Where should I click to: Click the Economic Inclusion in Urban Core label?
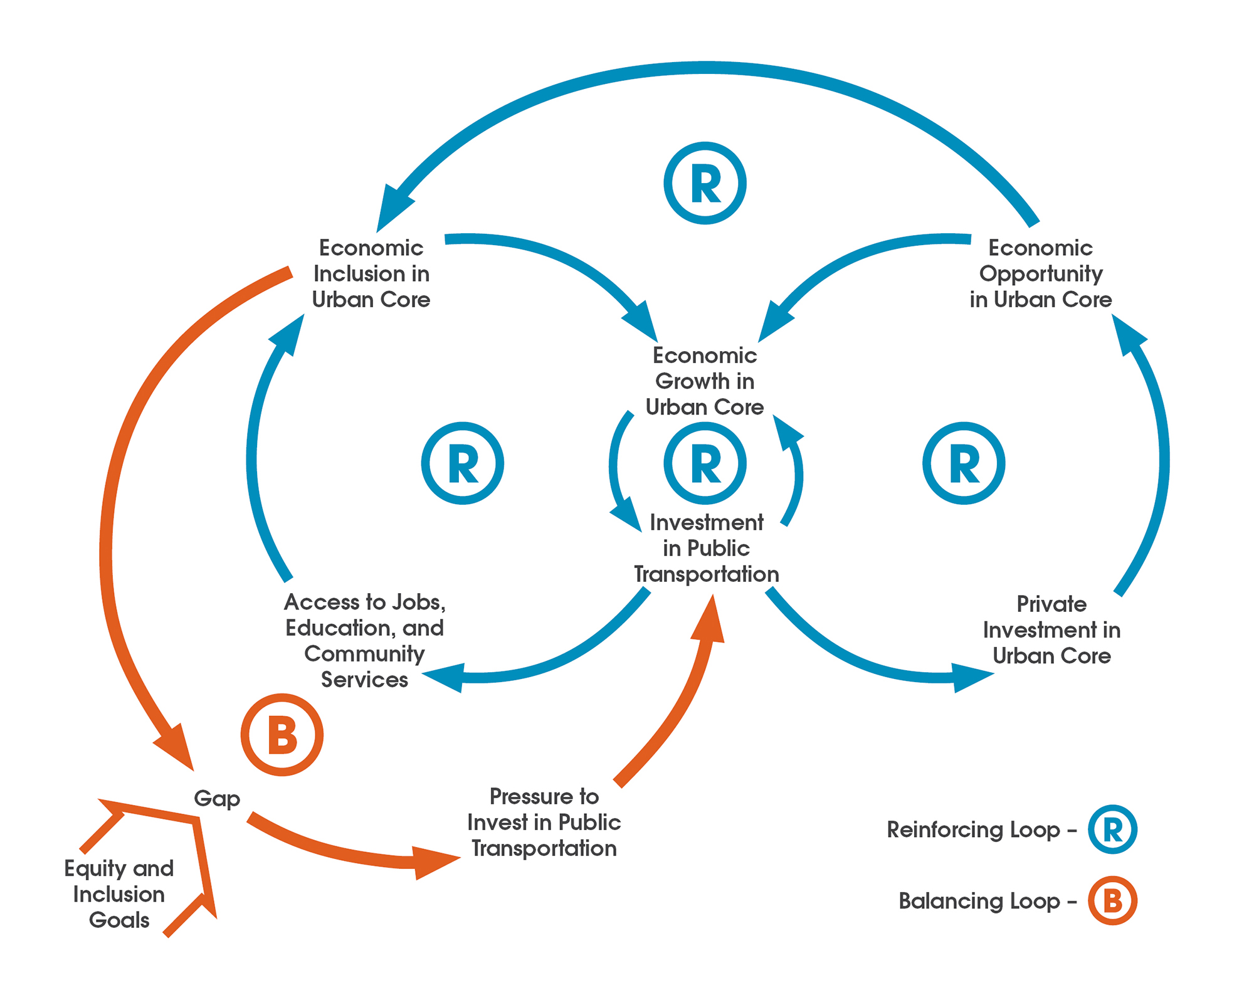[371, 274]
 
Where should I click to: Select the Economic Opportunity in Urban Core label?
[1040, 274]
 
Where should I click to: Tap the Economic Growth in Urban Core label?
[705, 381]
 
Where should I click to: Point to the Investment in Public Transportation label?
[707, 549]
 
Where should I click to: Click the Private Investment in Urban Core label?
[1051, 629]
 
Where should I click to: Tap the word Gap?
[217, 799]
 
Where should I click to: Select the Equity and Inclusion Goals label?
[119, 894]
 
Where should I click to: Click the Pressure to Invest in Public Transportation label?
[544, 822]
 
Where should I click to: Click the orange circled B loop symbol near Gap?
[282, 735]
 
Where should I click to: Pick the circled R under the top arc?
[705, 183]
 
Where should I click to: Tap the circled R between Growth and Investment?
[705, 463]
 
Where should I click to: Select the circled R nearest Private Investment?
[964, 463]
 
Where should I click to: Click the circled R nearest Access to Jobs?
[462, 463]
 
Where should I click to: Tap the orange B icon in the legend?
[1112, 901]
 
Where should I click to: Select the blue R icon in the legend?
[1112, 829]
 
